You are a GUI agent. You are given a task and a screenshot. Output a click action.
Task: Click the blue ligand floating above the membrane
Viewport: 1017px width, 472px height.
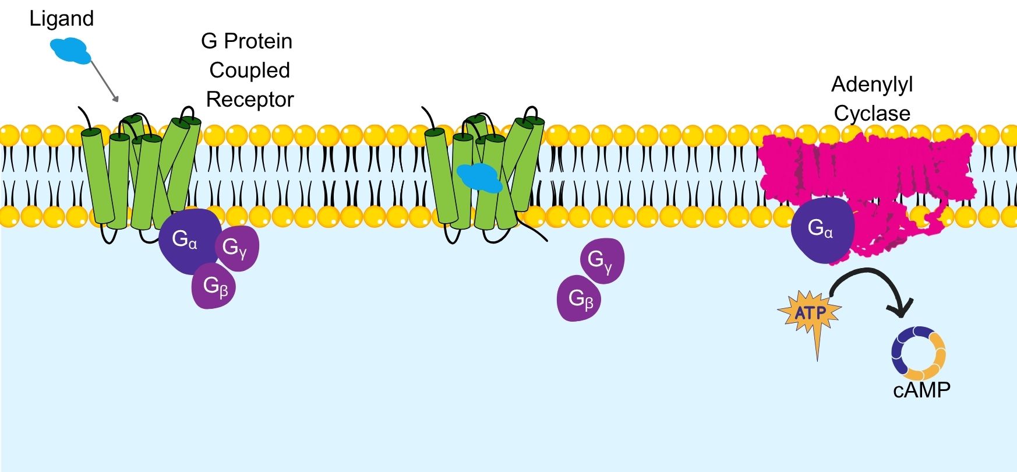click(x=70, y=50)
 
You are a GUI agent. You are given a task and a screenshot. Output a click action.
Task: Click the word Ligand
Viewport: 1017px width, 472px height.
click(x=61, y=19)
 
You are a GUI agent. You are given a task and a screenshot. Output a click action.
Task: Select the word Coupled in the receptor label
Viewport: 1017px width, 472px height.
click(x=249, y=71)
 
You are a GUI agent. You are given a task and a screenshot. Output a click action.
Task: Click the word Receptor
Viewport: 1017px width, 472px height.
click(x=249, y=100)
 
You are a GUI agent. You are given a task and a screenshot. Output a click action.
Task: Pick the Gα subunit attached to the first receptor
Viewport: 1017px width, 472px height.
click(x=184, y=241)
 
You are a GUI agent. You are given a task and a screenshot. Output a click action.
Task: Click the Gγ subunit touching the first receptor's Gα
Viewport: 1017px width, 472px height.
click(x=236, y=248)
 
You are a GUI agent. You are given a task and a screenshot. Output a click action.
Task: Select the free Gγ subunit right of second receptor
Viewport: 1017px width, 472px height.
click(x=602, y=260)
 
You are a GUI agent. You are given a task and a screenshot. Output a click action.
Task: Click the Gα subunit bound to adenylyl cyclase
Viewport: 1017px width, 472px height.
click(x=821, y=230)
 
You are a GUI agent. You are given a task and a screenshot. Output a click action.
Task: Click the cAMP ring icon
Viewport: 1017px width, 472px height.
click(x=918, y=353)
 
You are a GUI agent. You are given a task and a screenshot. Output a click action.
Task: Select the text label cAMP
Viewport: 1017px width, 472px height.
click(x=921, y=390)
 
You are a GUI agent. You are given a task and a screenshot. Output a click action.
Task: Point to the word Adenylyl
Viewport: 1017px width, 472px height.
click(x=871, y=85)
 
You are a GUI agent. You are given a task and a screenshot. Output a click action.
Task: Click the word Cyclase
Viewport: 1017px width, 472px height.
click(x=871, y=114)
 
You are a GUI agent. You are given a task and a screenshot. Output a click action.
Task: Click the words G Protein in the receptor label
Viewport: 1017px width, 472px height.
click(x=246, y=41)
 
